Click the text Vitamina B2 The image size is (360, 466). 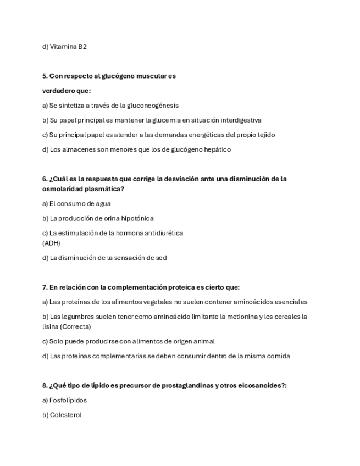tap(68, 47)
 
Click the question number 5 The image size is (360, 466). tap(45, 76)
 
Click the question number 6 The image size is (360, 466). tap(45, 179)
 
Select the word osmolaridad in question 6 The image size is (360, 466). tap(62, 189)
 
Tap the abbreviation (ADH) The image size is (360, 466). tap(51, 243)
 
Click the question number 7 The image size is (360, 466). tap(45, 287)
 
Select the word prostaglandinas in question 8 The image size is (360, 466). tap(189, 385)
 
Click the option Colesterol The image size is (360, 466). tap(65, 415)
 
